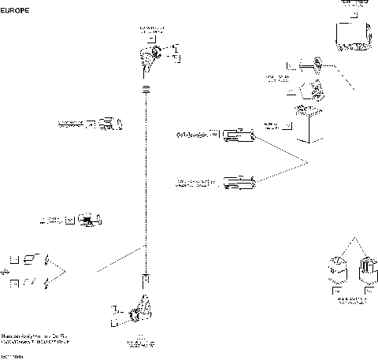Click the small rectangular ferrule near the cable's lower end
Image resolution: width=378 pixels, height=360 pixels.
point(146,278)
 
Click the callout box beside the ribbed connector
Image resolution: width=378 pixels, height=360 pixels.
point(91,124)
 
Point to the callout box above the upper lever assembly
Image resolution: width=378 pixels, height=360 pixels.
point(154,36)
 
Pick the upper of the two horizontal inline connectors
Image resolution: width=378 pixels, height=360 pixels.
point(239,137)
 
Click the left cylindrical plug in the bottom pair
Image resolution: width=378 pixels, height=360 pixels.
point(335,270)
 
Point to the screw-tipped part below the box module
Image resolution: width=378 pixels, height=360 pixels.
point(313,62)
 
